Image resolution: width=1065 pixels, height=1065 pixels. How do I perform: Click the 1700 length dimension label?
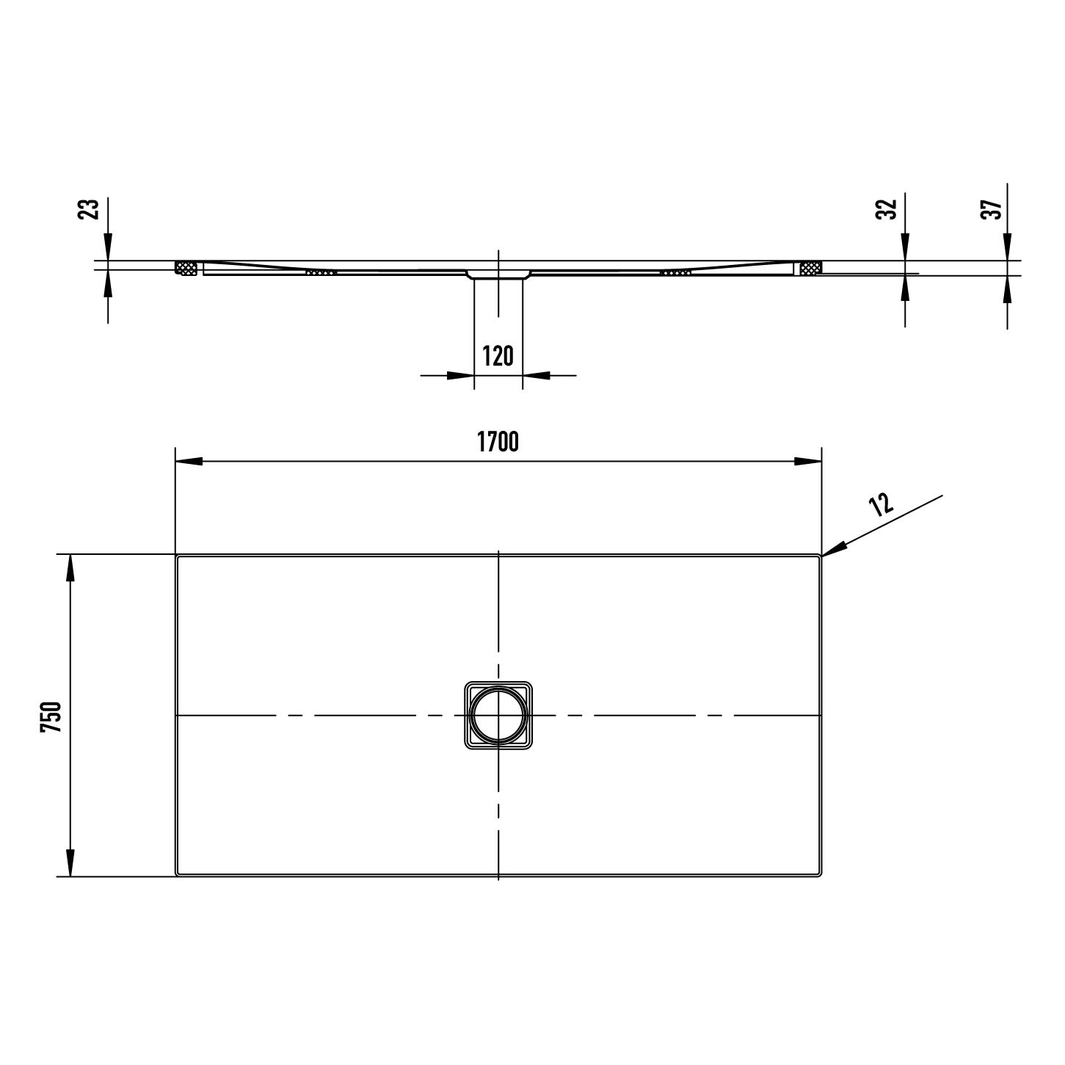498,442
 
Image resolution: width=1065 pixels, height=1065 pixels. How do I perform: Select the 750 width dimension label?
51,717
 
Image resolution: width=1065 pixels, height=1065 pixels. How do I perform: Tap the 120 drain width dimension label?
498,356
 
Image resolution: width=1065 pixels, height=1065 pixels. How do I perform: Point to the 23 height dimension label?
89,209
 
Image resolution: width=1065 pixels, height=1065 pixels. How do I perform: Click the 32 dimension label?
886,209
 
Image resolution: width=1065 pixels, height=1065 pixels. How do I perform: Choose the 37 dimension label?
990,209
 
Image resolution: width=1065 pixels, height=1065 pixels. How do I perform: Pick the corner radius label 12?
881,504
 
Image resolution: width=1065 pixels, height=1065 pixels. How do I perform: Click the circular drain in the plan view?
498,716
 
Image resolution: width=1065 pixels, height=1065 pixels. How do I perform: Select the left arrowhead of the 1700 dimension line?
189,462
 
